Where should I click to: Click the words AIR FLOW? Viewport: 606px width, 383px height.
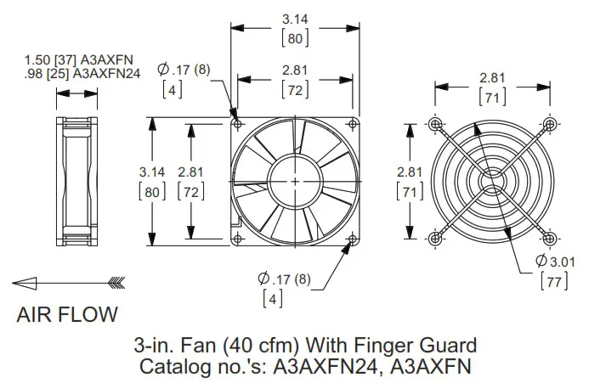[x=67, y=315]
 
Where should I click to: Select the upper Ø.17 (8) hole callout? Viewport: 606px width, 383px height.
[x=187, y=70]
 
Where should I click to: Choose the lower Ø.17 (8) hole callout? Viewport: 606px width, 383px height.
[x=285, y=277]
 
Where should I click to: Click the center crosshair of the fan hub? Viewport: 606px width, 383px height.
[x=295, y=181]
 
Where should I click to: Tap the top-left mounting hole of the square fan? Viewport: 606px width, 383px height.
[x=236, y=123]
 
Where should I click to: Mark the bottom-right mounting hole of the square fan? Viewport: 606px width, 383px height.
[x=353, y=239]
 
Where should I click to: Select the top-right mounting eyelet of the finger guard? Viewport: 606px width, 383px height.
[x=551, y=124]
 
